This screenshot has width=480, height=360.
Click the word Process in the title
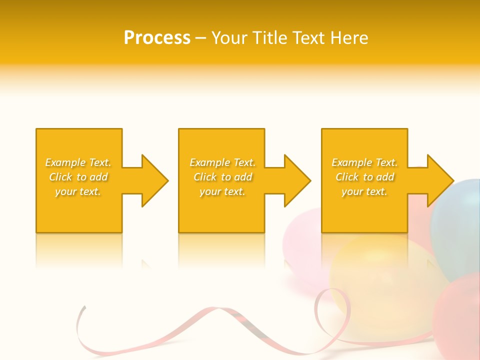[157, 38]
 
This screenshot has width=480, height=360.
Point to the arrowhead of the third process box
[439, 180]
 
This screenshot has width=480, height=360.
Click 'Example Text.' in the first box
[78, 162]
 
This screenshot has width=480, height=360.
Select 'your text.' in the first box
[78, 191]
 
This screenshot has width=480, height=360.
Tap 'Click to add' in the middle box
[222, 177]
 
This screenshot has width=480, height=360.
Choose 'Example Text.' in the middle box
[222, 162]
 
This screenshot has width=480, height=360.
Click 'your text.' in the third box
[364, 191]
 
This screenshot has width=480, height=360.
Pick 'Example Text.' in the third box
[364, 162]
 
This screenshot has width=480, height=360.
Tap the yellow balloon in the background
[380, 280]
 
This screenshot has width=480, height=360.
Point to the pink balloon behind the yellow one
[300, 240]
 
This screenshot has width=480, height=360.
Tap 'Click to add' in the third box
[364, 177]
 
